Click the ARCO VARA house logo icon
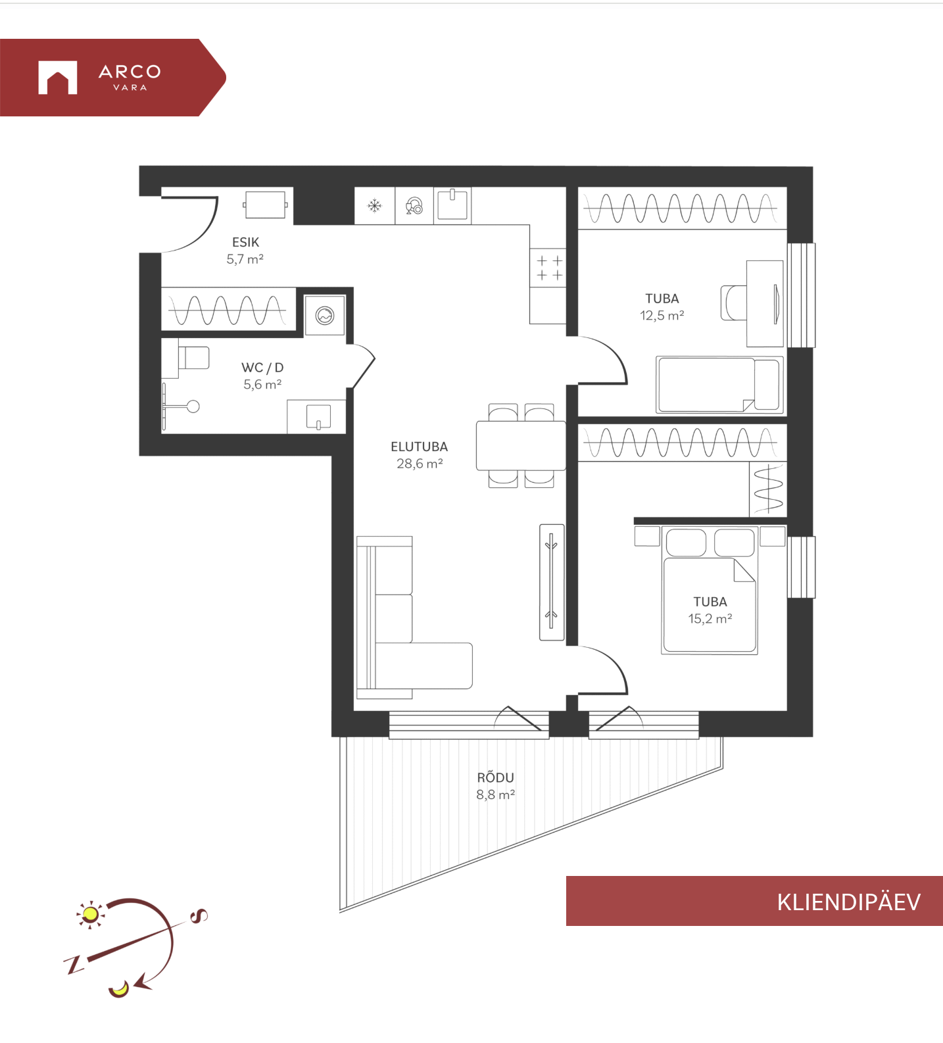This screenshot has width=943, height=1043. coord(58,78)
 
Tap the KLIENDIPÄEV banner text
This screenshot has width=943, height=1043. coord(848,902)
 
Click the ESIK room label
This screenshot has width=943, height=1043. coord(245,242)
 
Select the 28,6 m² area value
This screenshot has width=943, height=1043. coord(420,464)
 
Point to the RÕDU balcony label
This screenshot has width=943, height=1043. coord(495,777)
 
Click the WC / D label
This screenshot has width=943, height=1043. coord(262,368)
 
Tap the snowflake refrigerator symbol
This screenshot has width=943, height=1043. coord(375,206)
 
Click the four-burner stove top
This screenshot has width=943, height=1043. coord(548,268)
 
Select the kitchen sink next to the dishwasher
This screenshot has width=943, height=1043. coord(453,205)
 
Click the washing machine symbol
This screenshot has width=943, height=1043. coord(325,316)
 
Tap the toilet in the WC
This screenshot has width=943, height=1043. coord(187,358)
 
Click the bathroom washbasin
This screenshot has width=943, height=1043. coord(318,416)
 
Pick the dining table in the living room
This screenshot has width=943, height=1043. coord(521,446)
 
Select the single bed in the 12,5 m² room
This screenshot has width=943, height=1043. coord(719,385)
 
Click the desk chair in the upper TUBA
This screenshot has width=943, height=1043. coord(733,303)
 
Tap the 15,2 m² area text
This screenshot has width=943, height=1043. coord(710,619)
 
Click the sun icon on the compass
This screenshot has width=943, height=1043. coord(90,914)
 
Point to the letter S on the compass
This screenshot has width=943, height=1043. coord(199,915)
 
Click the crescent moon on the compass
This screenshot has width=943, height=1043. coord(119,988)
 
